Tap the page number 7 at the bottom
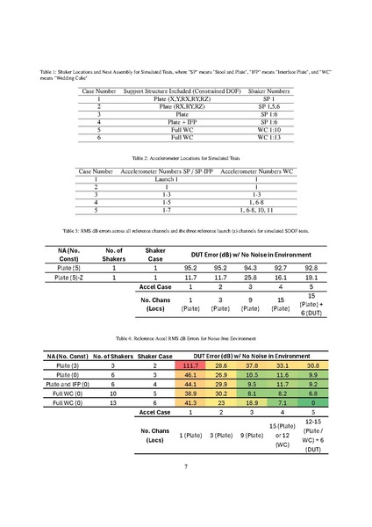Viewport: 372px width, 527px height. pyautogui.click(x=186, y=466)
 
